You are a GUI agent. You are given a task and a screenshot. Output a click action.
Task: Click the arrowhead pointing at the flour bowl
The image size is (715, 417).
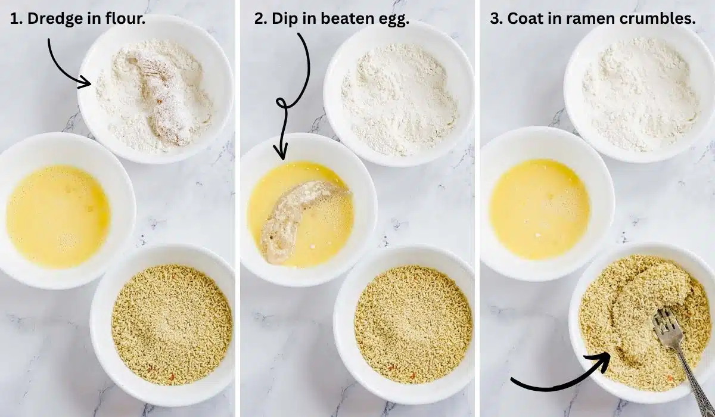click(x=87, y=83)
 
